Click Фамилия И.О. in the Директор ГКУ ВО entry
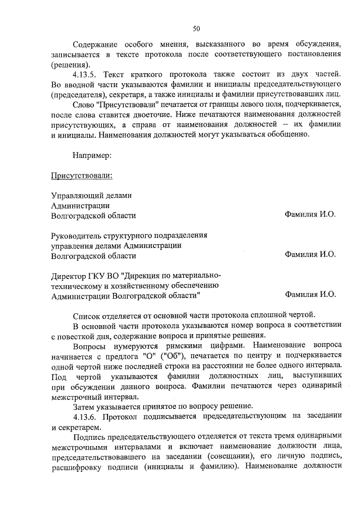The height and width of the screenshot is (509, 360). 310,294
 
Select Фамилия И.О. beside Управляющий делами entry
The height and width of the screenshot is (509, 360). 310,215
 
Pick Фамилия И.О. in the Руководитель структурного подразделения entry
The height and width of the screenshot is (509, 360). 310,255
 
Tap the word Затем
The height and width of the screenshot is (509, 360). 85,406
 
